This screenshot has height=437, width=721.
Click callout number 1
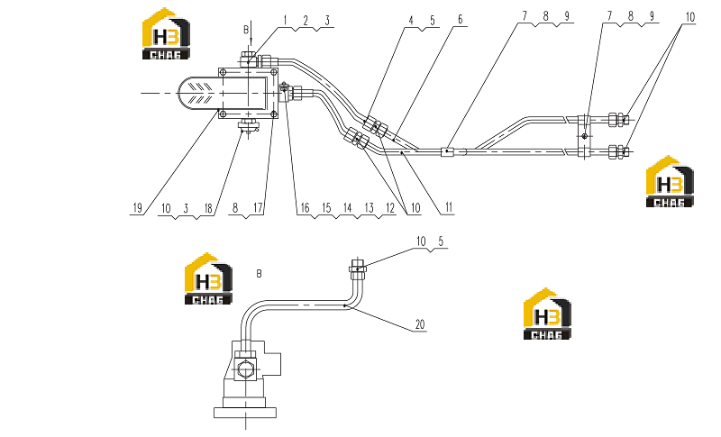coord(285,20)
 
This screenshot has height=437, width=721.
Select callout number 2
coord(306,20)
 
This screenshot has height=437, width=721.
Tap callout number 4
coord(411,21)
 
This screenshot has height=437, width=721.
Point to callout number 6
coord(460,19)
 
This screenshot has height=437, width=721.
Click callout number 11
coord(449,208)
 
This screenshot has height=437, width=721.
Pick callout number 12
coord(390,208)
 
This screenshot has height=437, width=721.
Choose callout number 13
coord(370,208)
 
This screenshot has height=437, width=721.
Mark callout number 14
coord(348,208)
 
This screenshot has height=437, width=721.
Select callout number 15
coord(326,208)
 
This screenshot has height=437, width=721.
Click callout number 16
coord(305,208)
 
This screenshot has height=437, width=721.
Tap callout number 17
coord(258,208)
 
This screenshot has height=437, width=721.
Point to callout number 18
coord(208,209)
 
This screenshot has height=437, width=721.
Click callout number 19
coord(137,208)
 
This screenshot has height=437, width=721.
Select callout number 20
coord(420,324)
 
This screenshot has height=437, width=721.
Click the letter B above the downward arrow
coord(246,30)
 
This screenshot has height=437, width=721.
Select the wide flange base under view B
coord(245,412)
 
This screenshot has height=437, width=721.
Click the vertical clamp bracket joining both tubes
coord(584,136)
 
